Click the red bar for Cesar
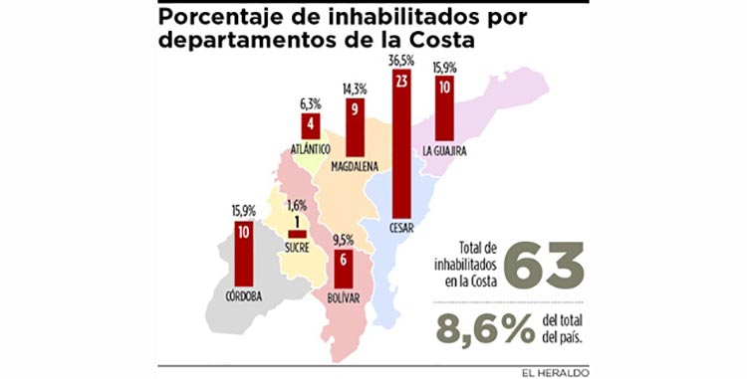(401, 143)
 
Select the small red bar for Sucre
(297, 235)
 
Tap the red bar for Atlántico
(311, 126)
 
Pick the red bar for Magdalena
(355, 127)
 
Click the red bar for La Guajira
(444, 108)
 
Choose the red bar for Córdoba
(244, 254)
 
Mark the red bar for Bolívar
(343, 270)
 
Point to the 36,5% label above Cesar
(401, 62)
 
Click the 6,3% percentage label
(311, 104)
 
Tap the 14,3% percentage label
(355, 89)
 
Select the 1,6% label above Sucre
(297, 206)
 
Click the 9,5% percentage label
(343, 241)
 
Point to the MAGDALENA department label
(355, 166)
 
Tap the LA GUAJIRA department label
(444, 151)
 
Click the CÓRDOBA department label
(244, 296)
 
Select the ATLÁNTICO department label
(311, 149)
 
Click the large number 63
(544, 265)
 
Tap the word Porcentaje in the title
(224, 18)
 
